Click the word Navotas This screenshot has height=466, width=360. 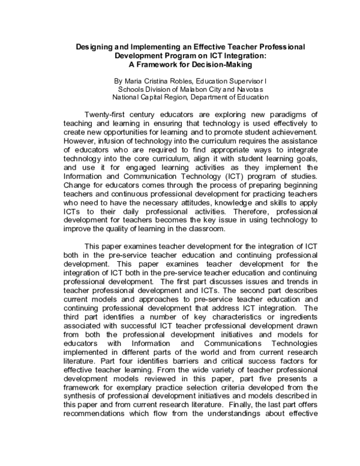(253, 88)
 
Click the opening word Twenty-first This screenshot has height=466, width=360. (107, 115)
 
